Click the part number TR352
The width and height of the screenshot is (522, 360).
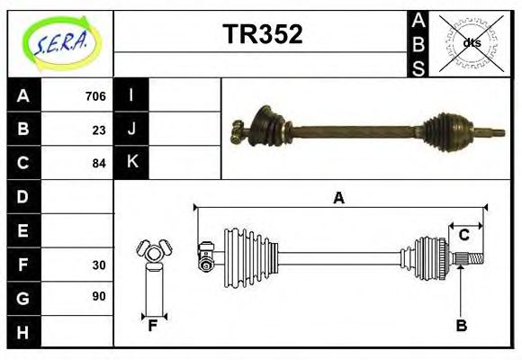262,35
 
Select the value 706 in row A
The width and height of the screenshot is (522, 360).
95,95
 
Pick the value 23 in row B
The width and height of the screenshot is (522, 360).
99,130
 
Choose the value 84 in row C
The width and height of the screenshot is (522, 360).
99,164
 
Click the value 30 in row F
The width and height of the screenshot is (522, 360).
99,265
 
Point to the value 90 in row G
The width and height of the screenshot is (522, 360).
99,296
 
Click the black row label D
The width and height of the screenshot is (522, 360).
23,196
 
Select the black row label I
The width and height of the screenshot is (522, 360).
131,95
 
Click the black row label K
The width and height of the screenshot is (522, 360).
131,163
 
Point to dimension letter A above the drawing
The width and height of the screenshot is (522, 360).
338,198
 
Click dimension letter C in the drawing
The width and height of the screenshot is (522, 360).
463,235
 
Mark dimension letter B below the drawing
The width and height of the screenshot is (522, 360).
461,326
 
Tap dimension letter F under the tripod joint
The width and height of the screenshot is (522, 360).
153,326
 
